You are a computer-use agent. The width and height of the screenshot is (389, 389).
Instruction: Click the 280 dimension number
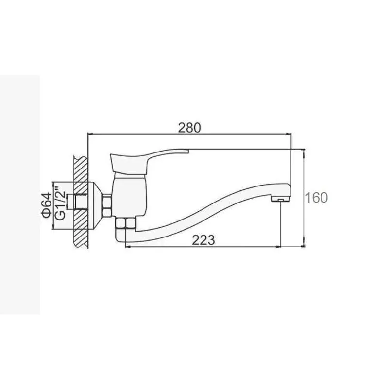(x=189, y=128)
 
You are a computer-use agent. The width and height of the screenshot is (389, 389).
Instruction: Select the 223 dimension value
(x=203, y=240)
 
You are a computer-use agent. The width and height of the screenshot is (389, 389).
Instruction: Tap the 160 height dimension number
(x=316, y=198)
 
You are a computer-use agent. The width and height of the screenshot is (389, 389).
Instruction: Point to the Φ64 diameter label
(x=47, y=205)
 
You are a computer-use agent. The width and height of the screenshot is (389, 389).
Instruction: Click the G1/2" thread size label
(x=60, y=205)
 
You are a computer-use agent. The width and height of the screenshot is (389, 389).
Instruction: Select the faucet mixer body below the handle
(x=129, y=195)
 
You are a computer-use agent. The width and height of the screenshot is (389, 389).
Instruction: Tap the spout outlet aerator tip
(x=281, y=199)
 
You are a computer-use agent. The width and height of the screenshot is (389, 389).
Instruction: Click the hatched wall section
(x=81, y=202)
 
